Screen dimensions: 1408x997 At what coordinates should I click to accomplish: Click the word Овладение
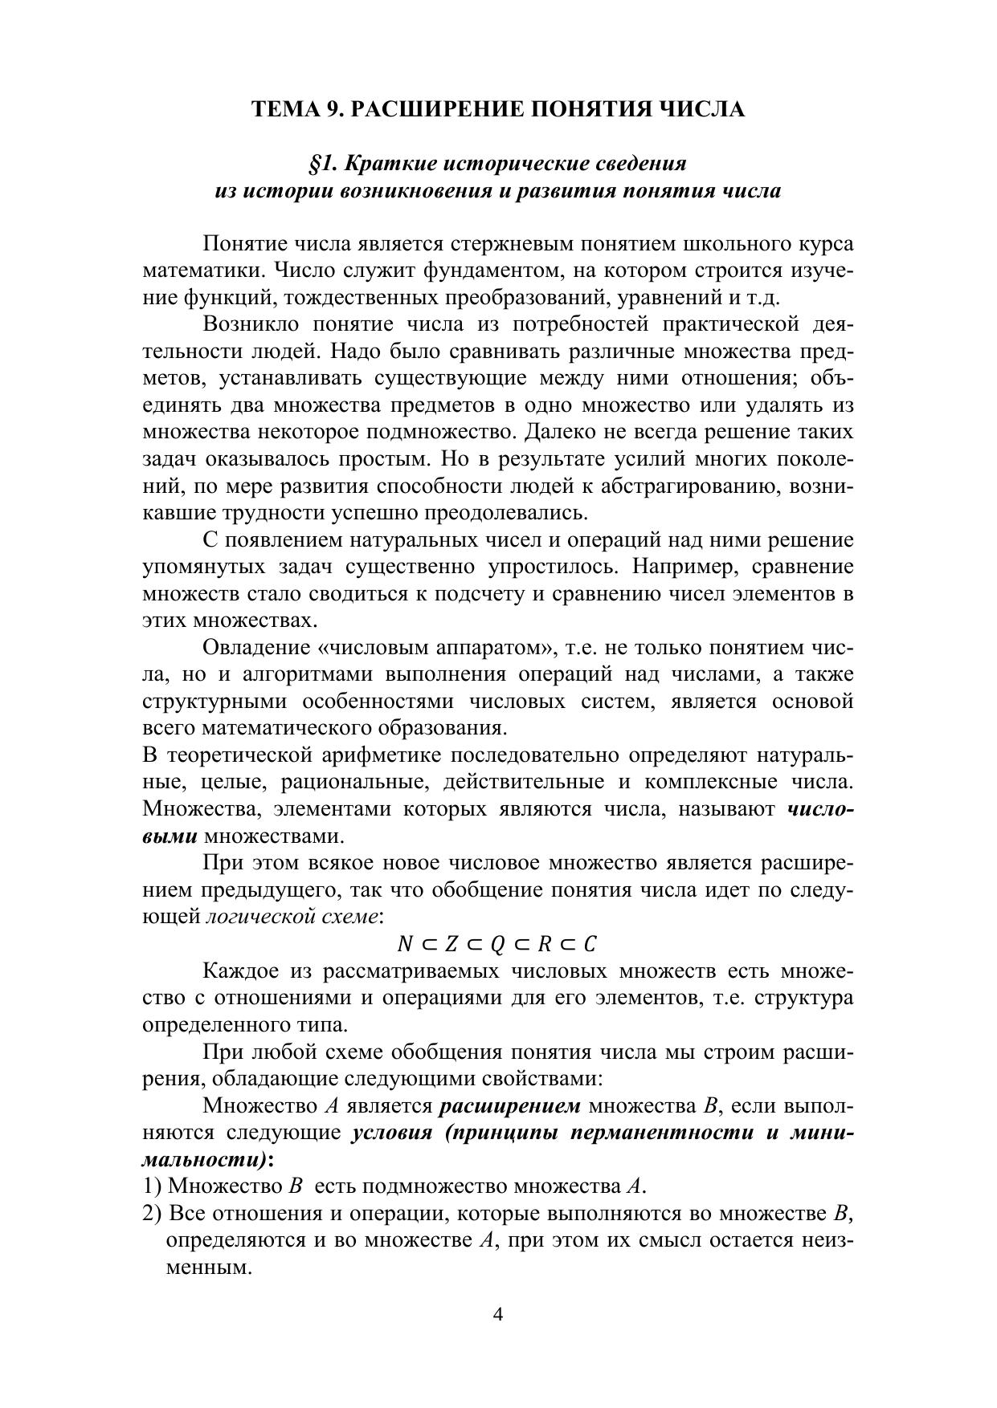coord(255,648)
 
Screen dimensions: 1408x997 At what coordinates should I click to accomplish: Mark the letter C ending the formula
coord(590,944)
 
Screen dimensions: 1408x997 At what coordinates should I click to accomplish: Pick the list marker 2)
coord(152,1214)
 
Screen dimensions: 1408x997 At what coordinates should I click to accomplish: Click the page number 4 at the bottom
coord(497,1314)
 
